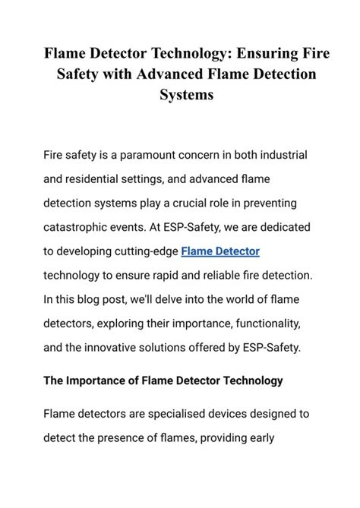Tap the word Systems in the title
[180, 96]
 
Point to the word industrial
[280, 155]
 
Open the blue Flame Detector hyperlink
[220, 252]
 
